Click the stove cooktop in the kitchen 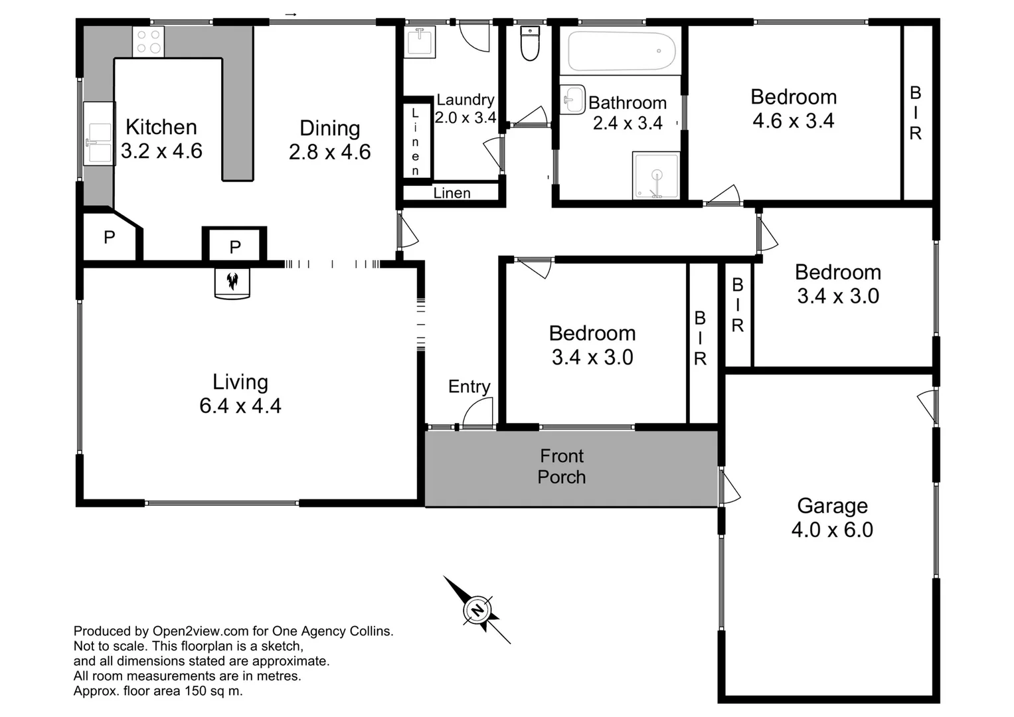[x=148, y=41]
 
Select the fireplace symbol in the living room [x=232, y=282]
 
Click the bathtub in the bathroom [x=621, y=51]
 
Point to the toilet [x=530, y=44]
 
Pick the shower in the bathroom [x=656, y=175]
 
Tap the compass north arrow [x=477, y=609]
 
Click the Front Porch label [x=562, y=466]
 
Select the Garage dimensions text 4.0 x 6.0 [x=832, y=530]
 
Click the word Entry [x=469, y=386]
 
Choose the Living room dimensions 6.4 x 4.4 [x=240, y=406]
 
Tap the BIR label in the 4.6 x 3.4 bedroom [x=916, y=114]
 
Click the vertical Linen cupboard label [x=416, y=141]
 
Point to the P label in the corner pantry [x=110, y=237]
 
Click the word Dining [x=329, y=128]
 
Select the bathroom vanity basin [x=572, y=100]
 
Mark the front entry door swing [x=477, y=414]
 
